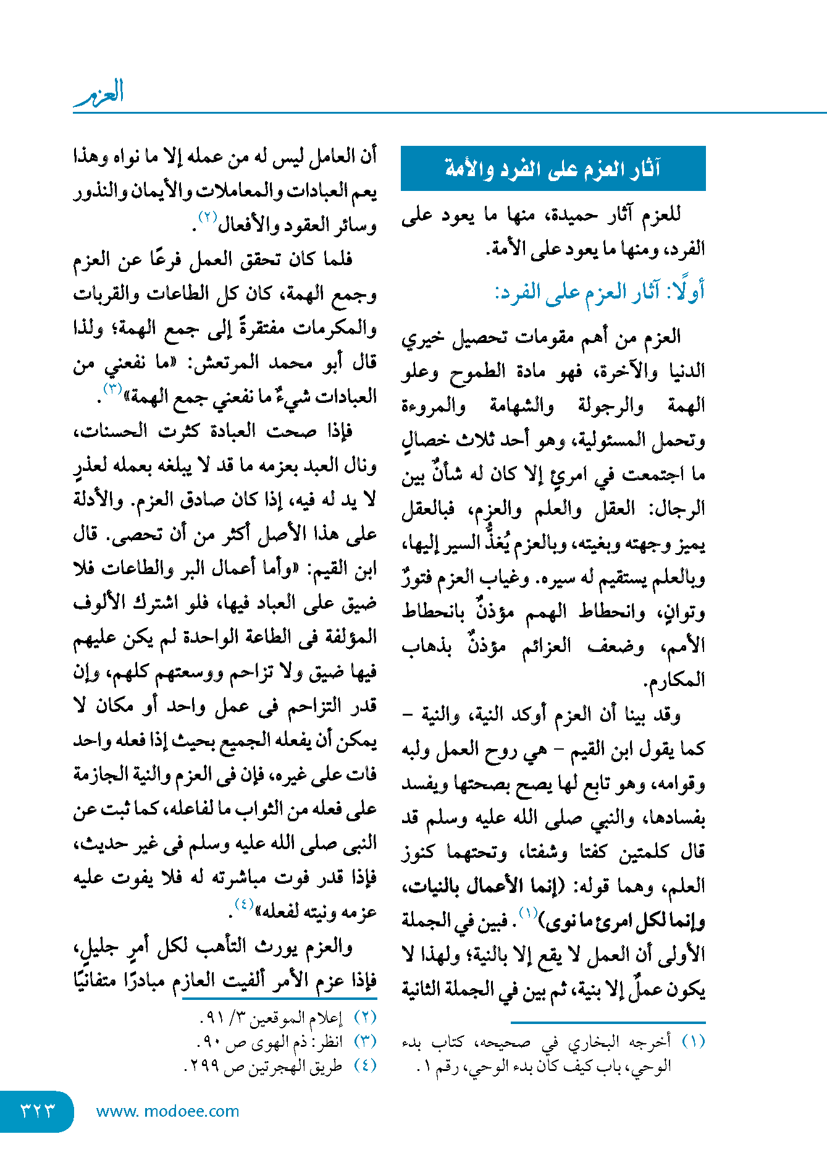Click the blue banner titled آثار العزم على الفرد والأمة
click(x=553, y=168)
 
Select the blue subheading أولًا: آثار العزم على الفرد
click(x=599, y=292)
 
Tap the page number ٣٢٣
click(x=37, y=1111)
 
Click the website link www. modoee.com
click(x=167, y=1111)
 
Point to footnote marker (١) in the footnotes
click(x=693, y=1041)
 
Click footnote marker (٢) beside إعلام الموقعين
click(x=364, y=1017)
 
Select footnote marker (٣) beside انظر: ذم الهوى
click(x=364, y=1041)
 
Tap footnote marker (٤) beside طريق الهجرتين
click(x=364, y=1065)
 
